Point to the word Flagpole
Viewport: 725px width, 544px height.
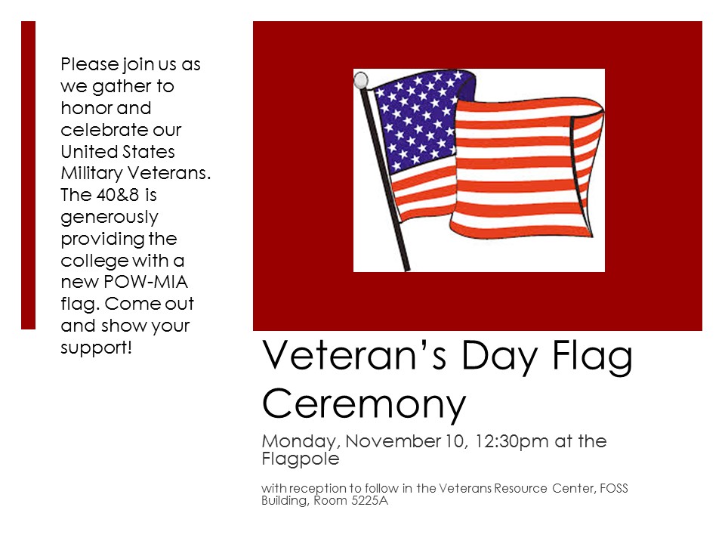click(300, 459)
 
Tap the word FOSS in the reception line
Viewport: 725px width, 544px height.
click(610, 488)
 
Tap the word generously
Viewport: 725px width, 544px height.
click(109, 218)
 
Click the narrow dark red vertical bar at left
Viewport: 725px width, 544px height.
click(28, 175)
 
